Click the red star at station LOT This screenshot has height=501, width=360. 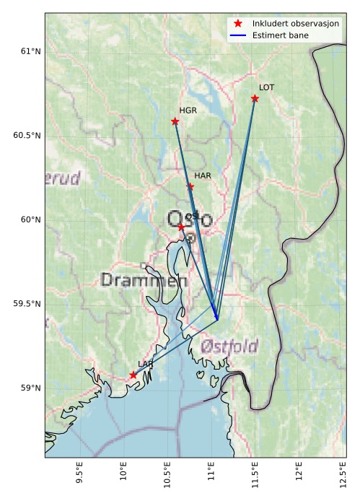pos(255,98)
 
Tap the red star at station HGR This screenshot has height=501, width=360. pos(175,121)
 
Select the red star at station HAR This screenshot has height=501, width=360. pos(190,186)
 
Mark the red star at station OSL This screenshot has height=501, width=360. pos(182,227)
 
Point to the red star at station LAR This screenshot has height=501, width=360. pos(133,375)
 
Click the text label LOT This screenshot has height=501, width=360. pos(266,87)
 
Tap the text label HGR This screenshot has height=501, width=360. pos(188,110)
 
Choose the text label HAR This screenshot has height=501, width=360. pos(203,175)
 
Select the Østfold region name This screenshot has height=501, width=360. pos(229,346)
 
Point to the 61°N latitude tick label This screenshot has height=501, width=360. pos(30,51)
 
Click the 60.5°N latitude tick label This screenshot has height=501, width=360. pos(27,136)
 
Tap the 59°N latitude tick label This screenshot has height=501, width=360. pos(30,388)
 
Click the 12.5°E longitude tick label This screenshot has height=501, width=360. pos(341,476)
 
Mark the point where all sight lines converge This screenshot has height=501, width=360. pos(217,320)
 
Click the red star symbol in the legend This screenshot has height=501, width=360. pos(237,24)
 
